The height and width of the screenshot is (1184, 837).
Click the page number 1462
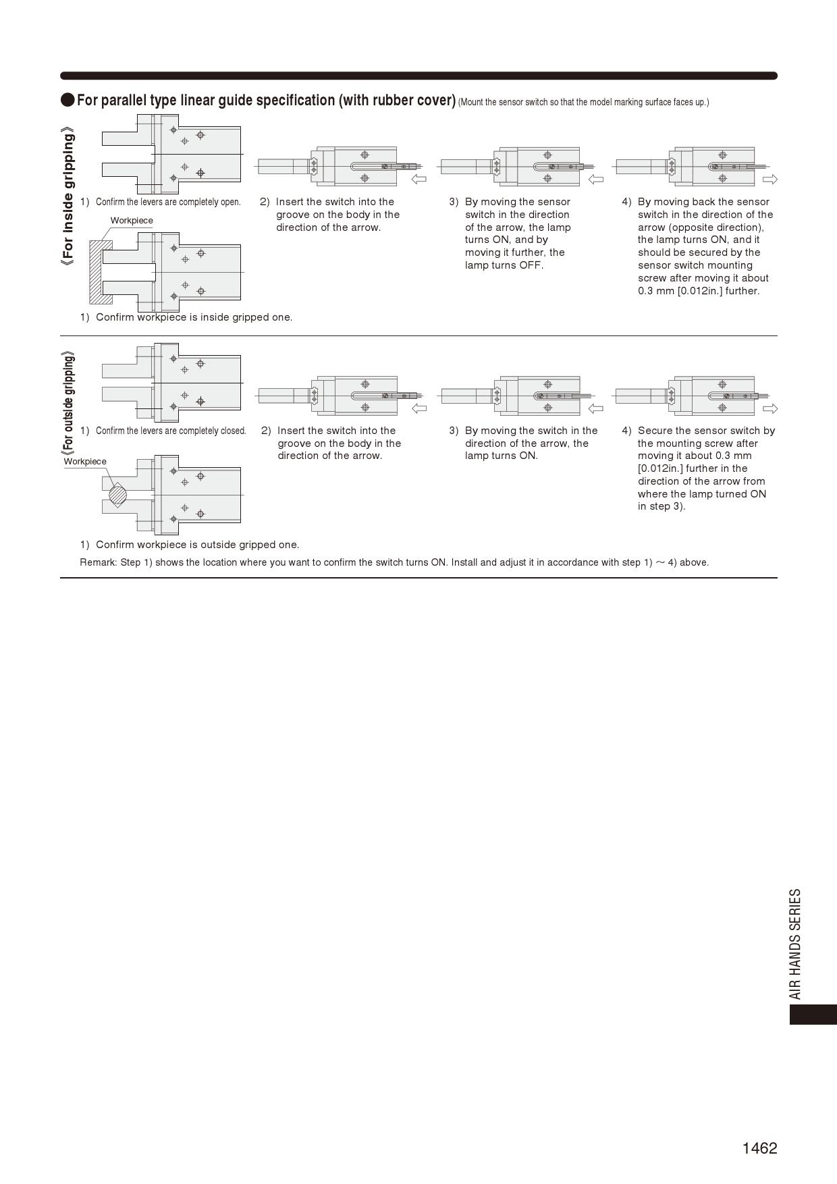759,1148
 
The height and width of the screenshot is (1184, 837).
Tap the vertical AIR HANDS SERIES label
796,943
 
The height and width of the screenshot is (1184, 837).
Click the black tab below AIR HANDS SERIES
813,1015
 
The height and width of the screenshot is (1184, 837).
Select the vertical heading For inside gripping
67,196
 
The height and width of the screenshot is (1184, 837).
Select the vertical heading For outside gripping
67,402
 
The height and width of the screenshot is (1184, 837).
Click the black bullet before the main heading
67,100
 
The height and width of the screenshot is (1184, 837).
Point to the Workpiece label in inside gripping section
132,221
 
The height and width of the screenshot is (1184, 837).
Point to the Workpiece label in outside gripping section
85,462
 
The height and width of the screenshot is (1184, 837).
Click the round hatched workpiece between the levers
117,494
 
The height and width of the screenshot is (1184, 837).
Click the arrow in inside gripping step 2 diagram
418,179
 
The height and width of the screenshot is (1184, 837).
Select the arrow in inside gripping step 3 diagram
595,179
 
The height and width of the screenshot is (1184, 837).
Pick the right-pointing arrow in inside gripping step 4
769,179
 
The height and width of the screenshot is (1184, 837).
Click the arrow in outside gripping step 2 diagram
418,408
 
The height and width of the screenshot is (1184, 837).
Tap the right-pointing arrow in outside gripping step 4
769,408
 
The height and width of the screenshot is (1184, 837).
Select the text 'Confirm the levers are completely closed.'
171,431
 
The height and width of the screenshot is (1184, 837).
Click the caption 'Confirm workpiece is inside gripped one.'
194,317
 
